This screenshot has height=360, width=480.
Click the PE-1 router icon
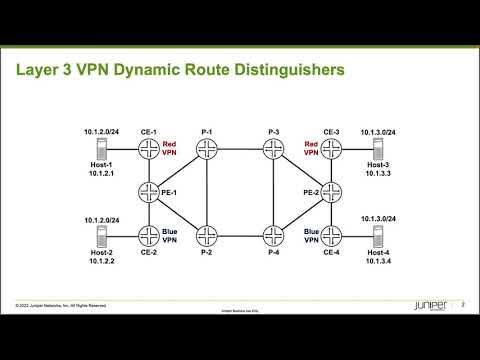click(x=150, y=192)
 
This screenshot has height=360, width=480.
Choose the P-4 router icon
click(x=274, y=235)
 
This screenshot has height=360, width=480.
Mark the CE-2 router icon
click(x=150, y=235)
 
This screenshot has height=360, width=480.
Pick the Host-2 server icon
click(x=100, y=236)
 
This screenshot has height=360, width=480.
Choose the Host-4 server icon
click(x=379, y=236)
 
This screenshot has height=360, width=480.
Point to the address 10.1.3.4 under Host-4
click(x=379, y=263)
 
